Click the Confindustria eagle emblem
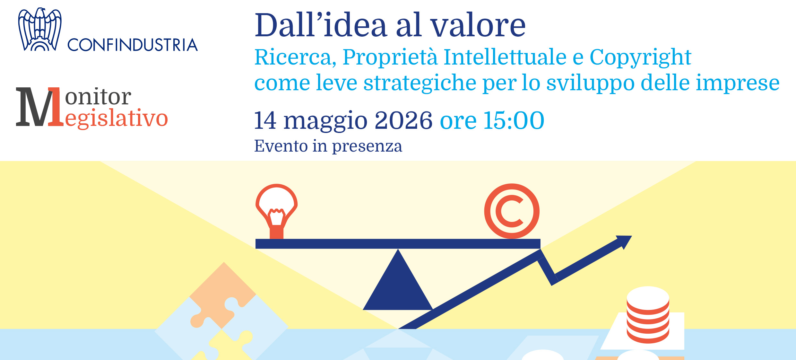pyautogui.click(x=40, y=29)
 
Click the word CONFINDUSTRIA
pyautogui.click(x=133, y=45)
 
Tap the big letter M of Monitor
pyautogui.click(x=35, y=107)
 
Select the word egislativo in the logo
pyautogui.click(x=116, y=119)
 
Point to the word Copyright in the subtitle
pyautogui.click(x=640, y=58)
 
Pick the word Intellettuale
pyautogui.click(x=505, y=57)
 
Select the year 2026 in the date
pyautogui.click(x=403, y=120)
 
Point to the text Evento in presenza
pyautogui.click(x=328, y=146)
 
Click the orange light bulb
pyautogui.click(x=276, y=211)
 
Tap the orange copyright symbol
pyautogui.click(x=512, y=211)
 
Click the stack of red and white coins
pyautogui.click(x=648, y=315)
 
